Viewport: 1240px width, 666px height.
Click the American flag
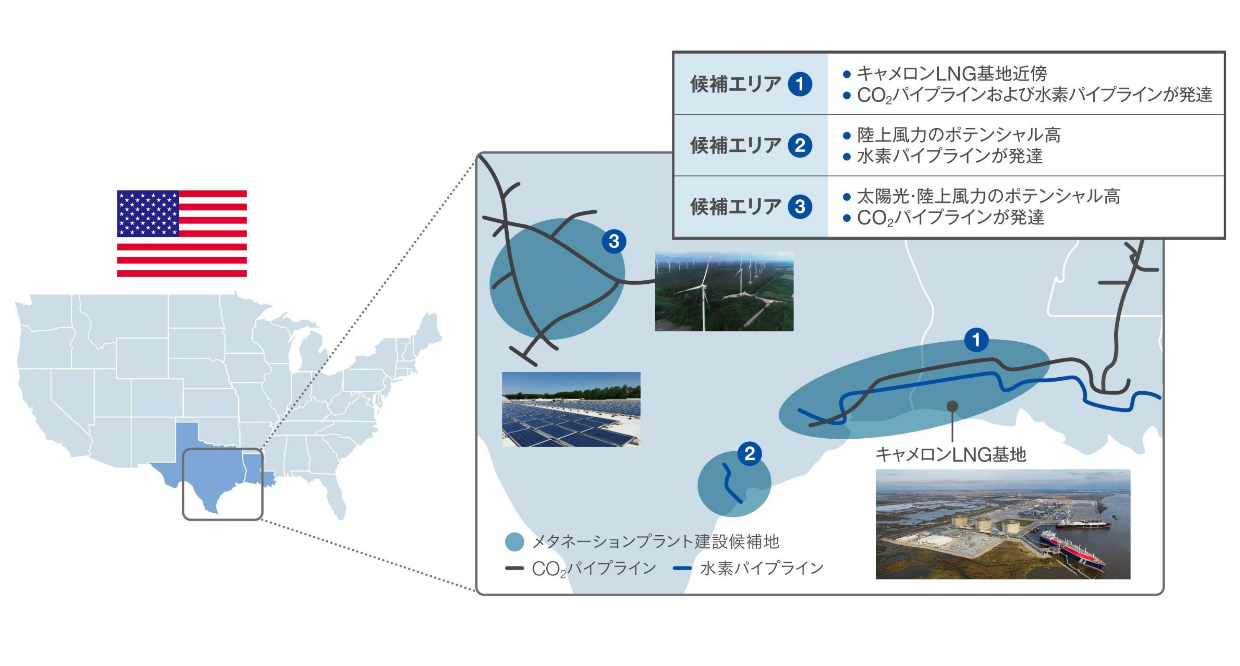pyautogui.click(x=182, y=234)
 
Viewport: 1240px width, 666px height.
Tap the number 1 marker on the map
pyautogui.click(x=976, y=340)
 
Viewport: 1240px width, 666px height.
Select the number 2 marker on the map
pyautogui.click(x=750, y=454)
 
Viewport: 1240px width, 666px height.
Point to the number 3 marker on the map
pyautogui.click(x=614, y=241)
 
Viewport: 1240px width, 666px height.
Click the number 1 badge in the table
pyautogui.click(x=800, y=84)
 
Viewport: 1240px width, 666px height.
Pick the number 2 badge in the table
pyautogui.click(x=800, y=145)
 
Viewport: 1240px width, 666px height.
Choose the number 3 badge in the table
pyautogui.click(x=800, y=206)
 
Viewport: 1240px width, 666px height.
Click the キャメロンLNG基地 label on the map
pyautogui.click(x=951, y=454)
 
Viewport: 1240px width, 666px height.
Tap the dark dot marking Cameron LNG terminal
pyautogui.click(x=952, y=406)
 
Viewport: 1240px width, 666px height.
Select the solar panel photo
pyautogui.click(x=571, y=409)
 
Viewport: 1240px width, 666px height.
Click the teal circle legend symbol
pyautogui.click(x=515, y=542)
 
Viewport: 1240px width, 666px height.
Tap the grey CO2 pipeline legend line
pyautogui.click(x=515, y=568)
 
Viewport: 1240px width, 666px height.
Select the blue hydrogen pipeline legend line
pyautogui.click(x=682, y=568)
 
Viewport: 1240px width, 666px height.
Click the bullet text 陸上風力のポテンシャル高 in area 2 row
pyautogui.click(x=959, y=135)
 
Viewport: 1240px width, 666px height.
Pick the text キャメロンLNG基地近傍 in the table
pyautogui.click(x=952, y=74)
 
